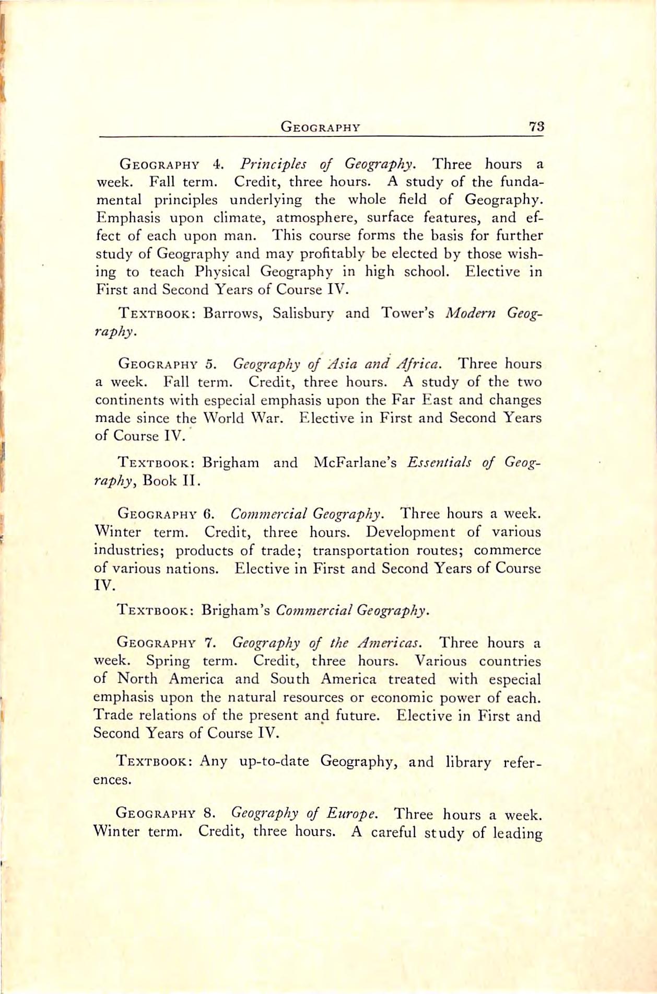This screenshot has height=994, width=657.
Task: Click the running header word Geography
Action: (320, 127)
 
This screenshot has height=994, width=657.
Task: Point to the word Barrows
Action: (228, 313)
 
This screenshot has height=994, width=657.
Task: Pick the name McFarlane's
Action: (356, 463)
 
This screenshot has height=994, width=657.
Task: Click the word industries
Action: (129, 550)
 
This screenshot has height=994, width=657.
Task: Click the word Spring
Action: (168, 661)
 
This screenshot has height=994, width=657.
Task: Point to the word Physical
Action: (224, 272)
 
